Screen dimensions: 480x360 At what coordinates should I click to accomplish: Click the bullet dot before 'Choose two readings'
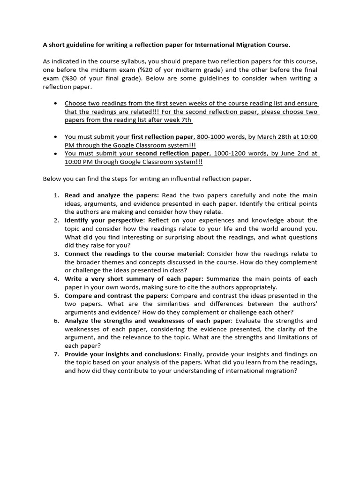[56, 103]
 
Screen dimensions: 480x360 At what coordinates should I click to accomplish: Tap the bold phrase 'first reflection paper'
[163, 137]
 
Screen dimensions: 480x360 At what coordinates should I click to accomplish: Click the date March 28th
[272, 137]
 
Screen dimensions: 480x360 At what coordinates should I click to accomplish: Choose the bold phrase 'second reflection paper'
[172, 153]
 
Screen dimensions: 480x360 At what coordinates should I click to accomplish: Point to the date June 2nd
[296, 153]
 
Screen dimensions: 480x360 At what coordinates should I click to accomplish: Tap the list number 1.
[56, 195]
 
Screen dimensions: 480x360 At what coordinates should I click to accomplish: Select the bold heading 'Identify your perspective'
[104, 220]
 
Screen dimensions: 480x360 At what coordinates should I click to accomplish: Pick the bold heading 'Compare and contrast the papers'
[116, 296]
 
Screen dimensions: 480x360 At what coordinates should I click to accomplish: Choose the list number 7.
[56, 354]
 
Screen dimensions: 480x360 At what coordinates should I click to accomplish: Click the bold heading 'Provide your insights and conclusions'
[122, 354]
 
